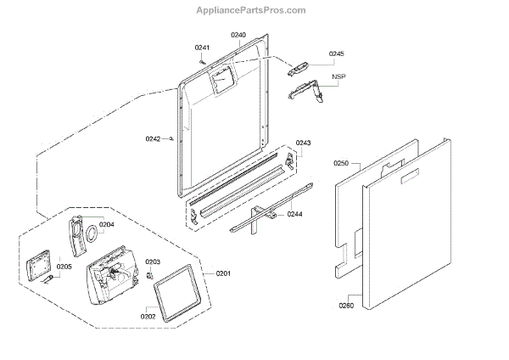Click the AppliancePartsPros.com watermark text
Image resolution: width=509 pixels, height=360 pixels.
tap(255, 9)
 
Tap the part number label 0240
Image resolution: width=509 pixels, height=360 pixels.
tap(238, 36)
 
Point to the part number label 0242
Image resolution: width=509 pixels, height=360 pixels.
tap(153, 138)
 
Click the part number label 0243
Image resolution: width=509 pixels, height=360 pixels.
tap(303, 143)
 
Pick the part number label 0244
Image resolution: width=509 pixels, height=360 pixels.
tap(295, 214)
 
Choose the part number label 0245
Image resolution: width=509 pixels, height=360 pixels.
tap(337, 53)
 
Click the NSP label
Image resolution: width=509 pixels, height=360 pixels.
tap(339, 77)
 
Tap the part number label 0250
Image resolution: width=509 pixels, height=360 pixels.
tap(341, 162)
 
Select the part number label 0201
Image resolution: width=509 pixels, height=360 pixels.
tap(223, 273)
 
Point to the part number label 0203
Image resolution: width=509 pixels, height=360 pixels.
tap(153, 262)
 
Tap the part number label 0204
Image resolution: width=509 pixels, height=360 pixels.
tap(106, 225)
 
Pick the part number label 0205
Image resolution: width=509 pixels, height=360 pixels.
tap(64, 267)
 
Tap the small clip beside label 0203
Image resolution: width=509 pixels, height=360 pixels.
tap(149, 274)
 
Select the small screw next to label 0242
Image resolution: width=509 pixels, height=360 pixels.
tap(172, 138)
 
